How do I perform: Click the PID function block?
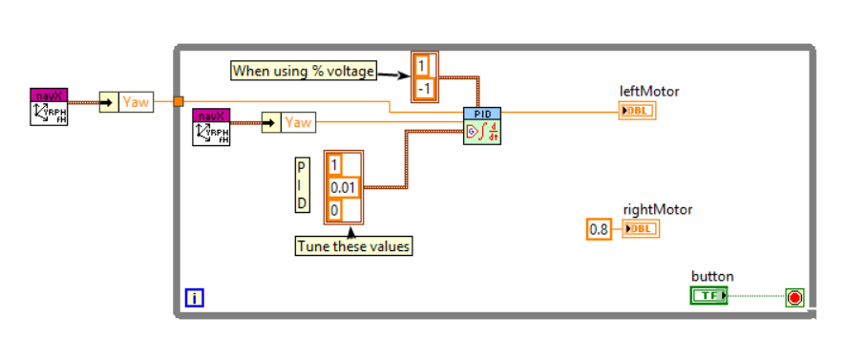[x=482, y=125]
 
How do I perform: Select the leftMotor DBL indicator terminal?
[x=638, y=111]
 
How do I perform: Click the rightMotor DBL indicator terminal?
[x=641, y=229]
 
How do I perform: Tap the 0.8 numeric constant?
[x=598, y=229]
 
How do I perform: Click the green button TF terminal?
[x=708, y=296]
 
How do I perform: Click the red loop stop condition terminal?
[x=794, y=298]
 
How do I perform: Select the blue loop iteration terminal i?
[x=194, y=299]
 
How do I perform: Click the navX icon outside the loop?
[x=49, y=106]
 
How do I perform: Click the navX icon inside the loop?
[x=211, y=127]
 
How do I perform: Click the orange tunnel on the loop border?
[x=179, y=101]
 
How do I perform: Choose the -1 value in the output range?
[x=423, y=89]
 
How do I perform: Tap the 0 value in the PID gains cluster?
[x=336, y=208]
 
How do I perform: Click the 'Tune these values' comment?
[x=353, y=246]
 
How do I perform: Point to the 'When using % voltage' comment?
[x=303, y=70]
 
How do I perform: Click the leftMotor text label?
[x=648, y=91]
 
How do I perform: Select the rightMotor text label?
[x=657, y=209]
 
